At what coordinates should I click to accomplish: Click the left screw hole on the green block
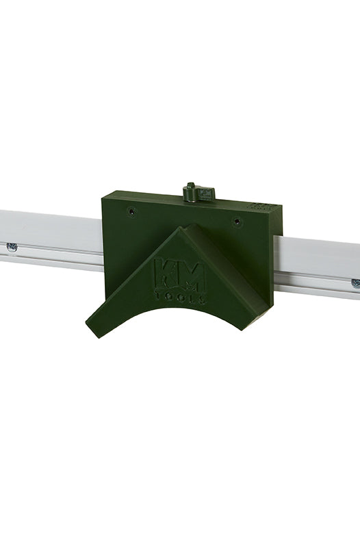131,211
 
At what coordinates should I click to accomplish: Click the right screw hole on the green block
235,221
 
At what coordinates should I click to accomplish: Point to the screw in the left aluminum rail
12,246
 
